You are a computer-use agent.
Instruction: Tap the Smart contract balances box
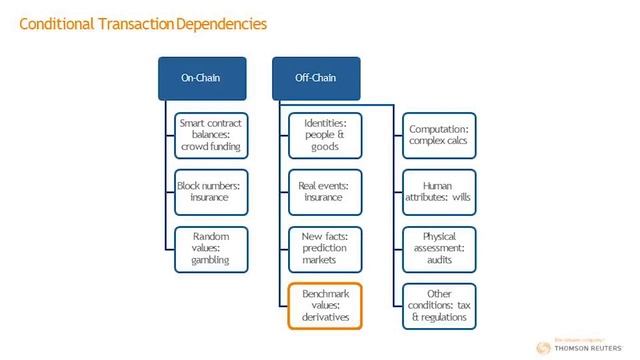(211, 134)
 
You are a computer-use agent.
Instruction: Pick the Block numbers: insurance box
(211, 191)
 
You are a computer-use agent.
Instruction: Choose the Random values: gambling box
(211, 247)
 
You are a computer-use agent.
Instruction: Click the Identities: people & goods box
(324, 134)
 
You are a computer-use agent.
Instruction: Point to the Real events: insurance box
(324, 191)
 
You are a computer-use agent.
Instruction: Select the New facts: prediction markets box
(324, 247)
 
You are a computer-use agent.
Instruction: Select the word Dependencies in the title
(222, 21)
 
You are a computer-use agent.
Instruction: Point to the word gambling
(211, 260)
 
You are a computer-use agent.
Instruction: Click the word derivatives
(324, 317)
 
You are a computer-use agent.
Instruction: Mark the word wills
(460, 197)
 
